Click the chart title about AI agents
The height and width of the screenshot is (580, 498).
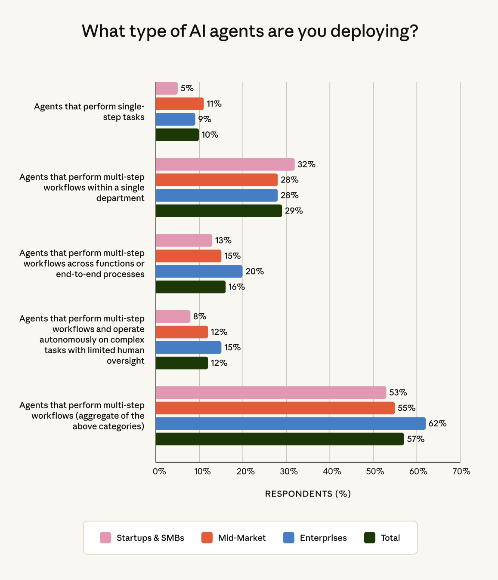click(x=250, y=31)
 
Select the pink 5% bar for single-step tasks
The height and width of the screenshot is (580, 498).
click(x=167, y=88)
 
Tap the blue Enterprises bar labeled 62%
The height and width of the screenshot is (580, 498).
click(x=291, y=423)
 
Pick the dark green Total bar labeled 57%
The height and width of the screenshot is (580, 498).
click(x=280, y=439)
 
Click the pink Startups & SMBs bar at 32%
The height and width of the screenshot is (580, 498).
click(x=225, y=164)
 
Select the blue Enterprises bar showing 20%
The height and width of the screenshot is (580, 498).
click(x=199, y=271)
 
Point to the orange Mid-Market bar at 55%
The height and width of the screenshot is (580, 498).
click(x=275, y=408)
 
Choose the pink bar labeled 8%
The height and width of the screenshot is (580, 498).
click(x=173, y=317)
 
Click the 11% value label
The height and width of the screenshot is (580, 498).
click(x=214, y=104)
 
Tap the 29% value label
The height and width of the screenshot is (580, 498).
click(x=294, y=211)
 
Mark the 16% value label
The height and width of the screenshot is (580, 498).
click(x=237, y=287)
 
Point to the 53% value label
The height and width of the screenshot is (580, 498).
click(x=398, y=392)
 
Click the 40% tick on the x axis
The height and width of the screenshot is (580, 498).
click(x=332, y=472)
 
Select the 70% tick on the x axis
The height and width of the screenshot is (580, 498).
click(x=461, y=472)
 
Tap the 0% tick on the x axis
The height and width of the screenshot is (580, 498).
click(x=159, y=472)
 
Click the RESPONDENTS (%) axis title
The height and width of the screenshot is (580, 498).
click(x=308, y=494)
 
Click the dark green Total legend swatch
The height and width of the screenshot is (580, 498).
click(x=370, y=538)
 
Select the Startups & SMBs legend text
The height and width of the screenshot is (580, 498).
click(x=150, y=538)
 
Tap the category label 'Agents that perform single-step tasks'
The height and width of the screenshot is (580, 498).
click(x=89, y=112)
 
